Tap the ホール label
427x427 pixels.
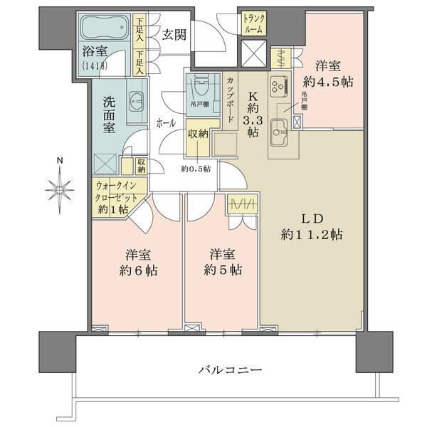[167, 122]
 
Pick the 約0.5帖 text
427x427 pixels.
[195, 169]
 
